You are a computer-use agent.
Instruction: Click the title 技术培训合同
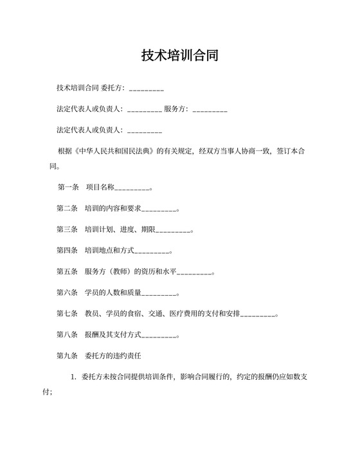(x=180, y=55)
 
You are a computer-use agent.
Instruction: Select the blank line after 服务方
(x=210, y=110)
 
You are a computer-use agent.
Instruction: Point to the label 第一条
(x=67, y=188)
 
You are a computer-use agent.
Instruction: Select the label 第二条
(x=67, y=209)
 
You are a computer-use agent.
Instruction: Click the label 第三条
(x=67, y=229)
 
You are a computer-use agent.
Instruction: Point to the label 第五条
(x=67, y=271)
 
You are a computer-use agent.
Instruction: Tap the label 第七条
(x=67, y=313)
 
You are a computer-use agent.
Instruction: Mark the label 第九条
(x=67, y=355)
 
